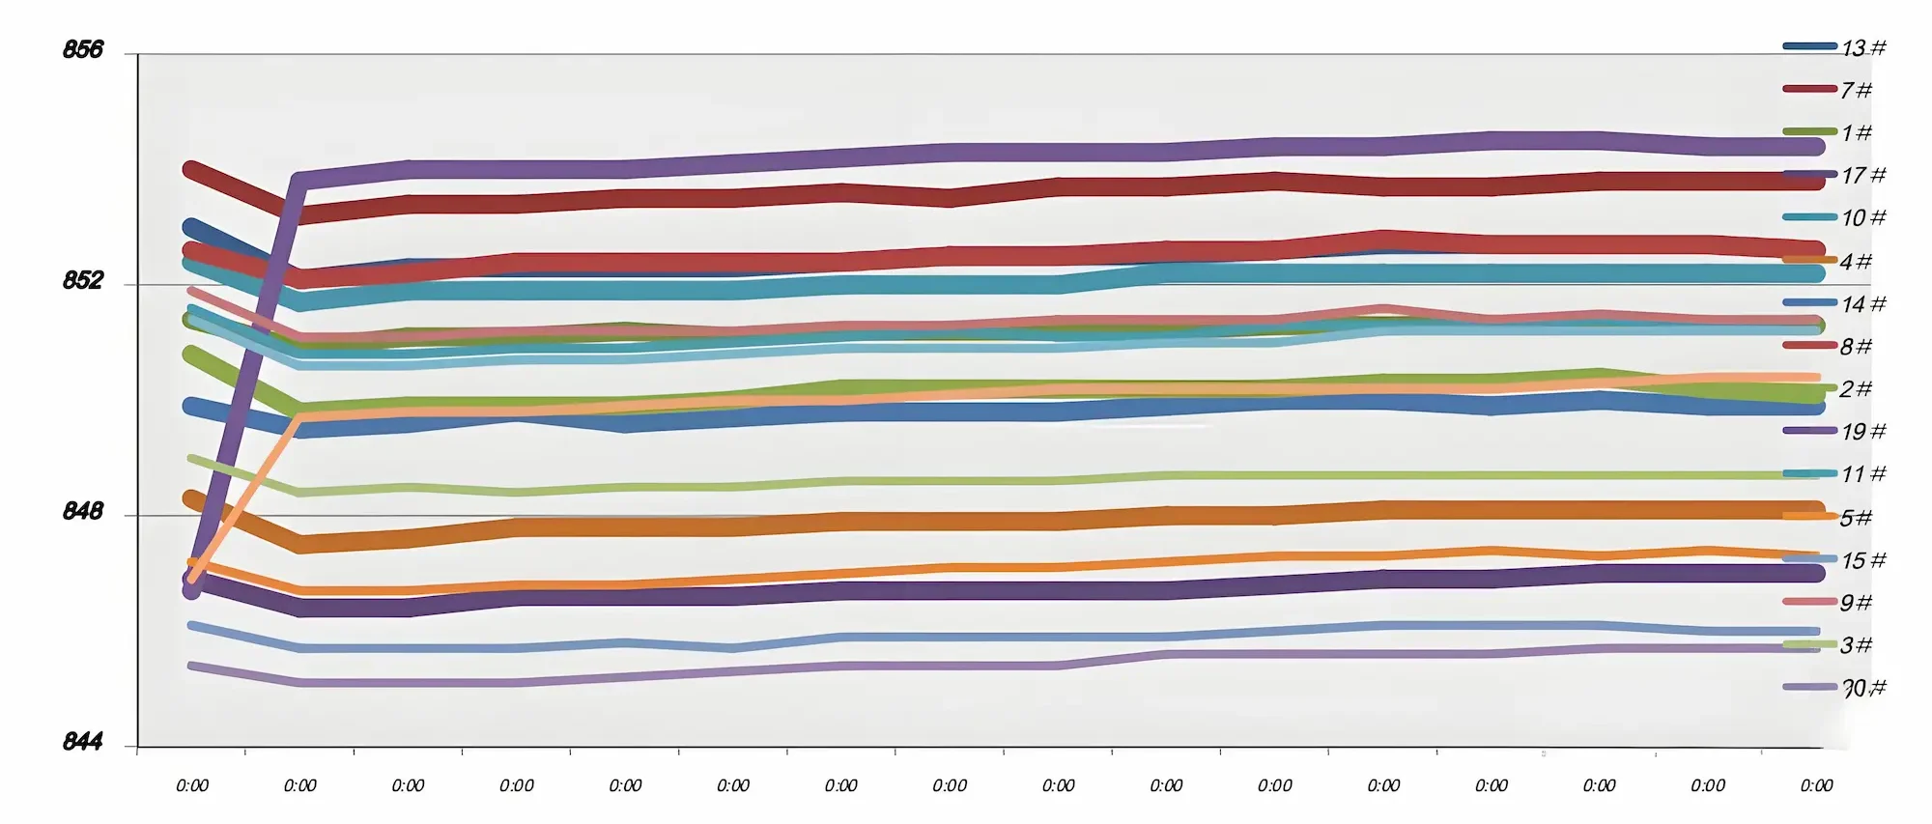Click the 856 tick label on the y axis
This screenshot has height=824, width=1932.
click(x=82, y=49)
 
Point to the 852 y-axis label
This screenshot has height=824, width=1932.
click(x=82, y=280)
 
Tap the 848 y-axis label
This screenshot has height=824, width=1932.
click(x=82, y=511)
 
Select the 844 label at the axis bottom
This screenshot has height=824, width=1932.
click(x=82, y=742)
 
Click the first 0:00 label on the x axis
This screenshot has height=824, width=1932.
click(x=192, y=785)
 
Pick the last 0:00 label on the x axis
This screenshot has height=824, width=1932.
click(x=1816, y=785)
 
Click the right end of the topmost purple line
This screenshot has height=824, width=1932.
click(x=1816, y=147)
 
